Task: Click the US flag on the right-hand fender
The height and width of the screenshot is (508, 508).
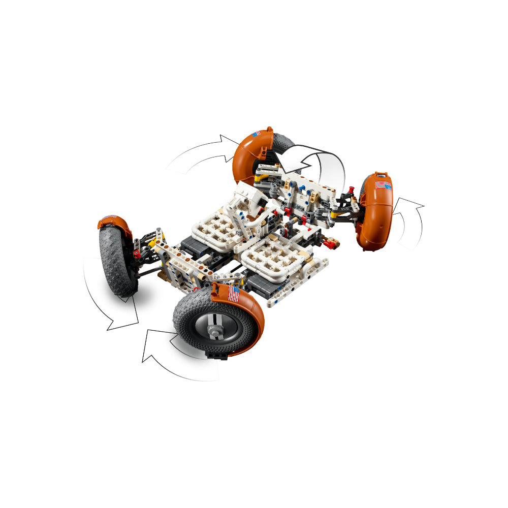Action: coord(384,186)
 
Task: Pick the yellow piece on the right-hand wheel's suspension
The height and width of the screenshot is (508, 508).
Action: coord(335,215)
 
